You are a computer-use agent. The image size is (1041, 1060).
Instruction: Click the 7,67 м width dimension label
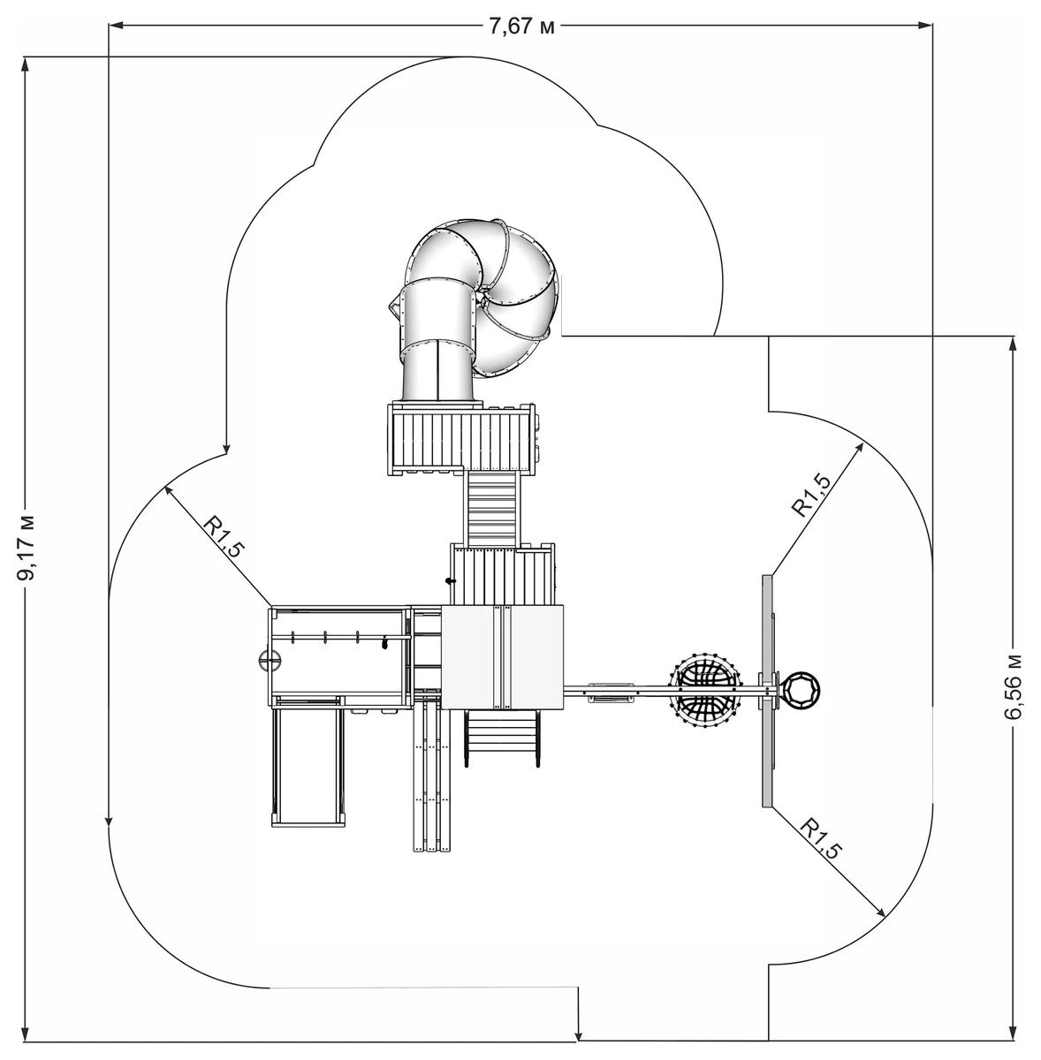(x=521, y=26)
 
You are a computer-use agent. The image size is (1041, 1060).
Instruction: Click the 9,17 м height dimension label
(x=26, y=548)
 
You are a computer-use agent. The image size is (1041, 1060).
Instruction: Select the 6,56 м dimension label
(x=1013, y=687)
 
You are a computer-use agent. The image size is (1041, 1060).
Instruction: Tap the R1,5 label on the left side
(x=223, y=536)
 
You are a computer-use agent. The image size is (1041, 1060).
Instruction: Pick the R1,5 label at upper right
(x=810, y=495)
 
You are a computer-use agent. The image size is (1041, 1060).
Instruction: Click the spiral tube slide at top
(x=476, y=310)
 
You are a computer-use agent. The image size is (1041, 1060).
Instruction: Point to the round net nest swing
(x=705, y=691)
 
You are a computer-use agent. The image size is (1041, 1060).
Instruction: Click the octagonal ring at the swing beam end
(x=801, y=690)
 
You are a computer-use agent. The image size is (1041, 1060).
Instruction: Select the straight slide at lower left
(x=308, y=763)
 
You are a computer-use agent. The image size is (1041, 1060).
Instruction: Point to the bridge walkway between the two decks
(x=492, y=509)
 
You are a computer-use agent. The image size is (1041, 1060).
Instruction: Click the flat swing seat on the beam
(x=611, y=693)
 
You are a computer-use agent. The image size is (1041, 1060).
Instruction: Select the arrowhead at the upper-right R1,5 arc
(x=859, y=447)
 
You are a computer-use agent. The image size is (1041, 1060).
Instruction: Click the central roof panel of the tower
(x=503, y=657)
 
